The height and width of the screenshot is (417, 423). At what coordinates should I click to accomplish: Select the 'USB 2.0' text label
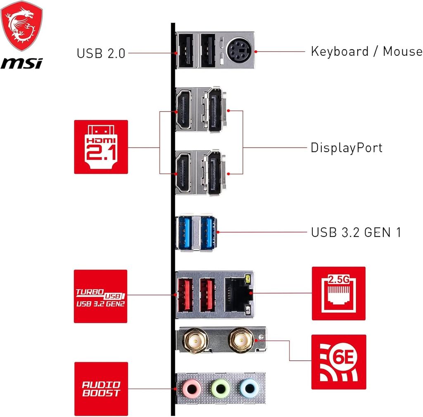(x=101, y=53)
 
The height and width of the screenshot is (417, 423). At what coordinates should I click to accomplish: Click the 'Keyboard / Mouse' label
(x=366, y=52)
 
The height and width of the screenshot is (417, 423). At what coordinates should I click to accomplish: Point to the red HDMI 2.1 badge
(x=101, y=147)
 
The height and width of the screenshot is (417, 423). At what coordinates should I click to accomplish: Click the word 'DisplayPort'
(x=347, y=148)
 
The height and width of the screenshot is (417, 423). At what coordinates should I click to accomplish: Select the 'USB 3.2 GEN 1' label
(x=356, y=232)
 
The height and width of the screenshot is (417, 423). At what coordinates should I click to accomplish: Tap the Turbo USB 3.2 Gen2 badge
(x=101, y=296)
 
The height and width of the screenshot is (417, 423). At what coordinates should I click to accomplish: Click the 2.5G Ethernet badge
(x=338, y=293)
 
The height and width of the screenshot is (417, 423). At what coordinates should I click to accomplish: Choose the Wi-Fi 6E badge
(x=338, y=362)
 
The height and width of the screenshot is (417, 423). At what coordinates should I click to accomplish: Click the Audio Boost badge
(x=101, y=389)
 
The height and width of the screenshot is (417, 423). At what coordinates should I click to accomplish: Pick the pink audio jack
(x=192, y=388)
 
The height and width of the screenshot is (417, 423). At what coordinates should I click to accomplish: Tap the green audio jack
(x=221, y=388)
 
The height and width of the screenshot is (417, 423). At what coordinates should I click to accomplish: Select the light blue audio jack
(x=249, y=388)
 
